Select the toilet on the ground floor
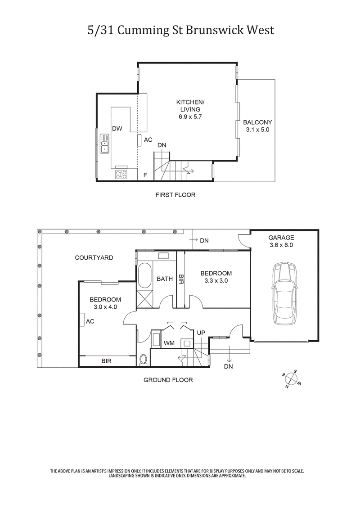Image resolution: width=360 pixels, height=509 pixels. pos(144,359)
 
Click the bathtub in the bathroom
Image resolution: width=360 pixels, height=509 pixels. pos(144,275)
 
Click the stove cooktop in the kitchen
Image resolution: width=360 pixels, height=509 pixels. pos(121,175)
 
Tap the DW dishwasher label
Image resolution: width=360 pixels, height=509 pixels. pos(117,129)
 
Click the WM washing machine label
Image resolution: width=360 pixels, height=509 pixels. pos(169,343)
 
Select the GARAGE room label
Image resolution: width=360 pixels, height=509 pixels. pos(281,238)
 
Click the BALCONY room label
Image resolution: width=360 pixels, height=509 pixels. pos(257,122)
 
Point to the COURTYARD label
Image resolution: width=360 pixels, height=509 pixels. pos(94,258)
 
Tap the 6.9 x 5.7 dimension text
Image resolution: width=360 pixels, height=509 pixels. pos(190,117)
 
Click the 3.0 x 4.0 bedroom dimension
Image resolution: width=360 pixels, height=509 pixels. pos(105,307)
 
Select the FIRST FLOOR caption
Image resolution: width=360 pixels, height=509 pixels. pos(175,195)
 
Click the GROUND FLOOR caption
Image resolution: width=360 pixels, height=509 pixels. pos(168,380)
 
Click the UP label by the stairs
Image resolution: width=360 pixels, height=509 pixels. pos(201,332)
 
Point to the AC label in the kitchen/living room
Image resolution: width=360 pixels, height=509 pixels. pos(148,140)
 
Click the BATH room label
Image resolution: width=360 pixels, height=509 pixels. pos(165,279)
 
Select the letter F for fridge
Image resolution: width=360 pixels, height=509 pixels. pos(145,175)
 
